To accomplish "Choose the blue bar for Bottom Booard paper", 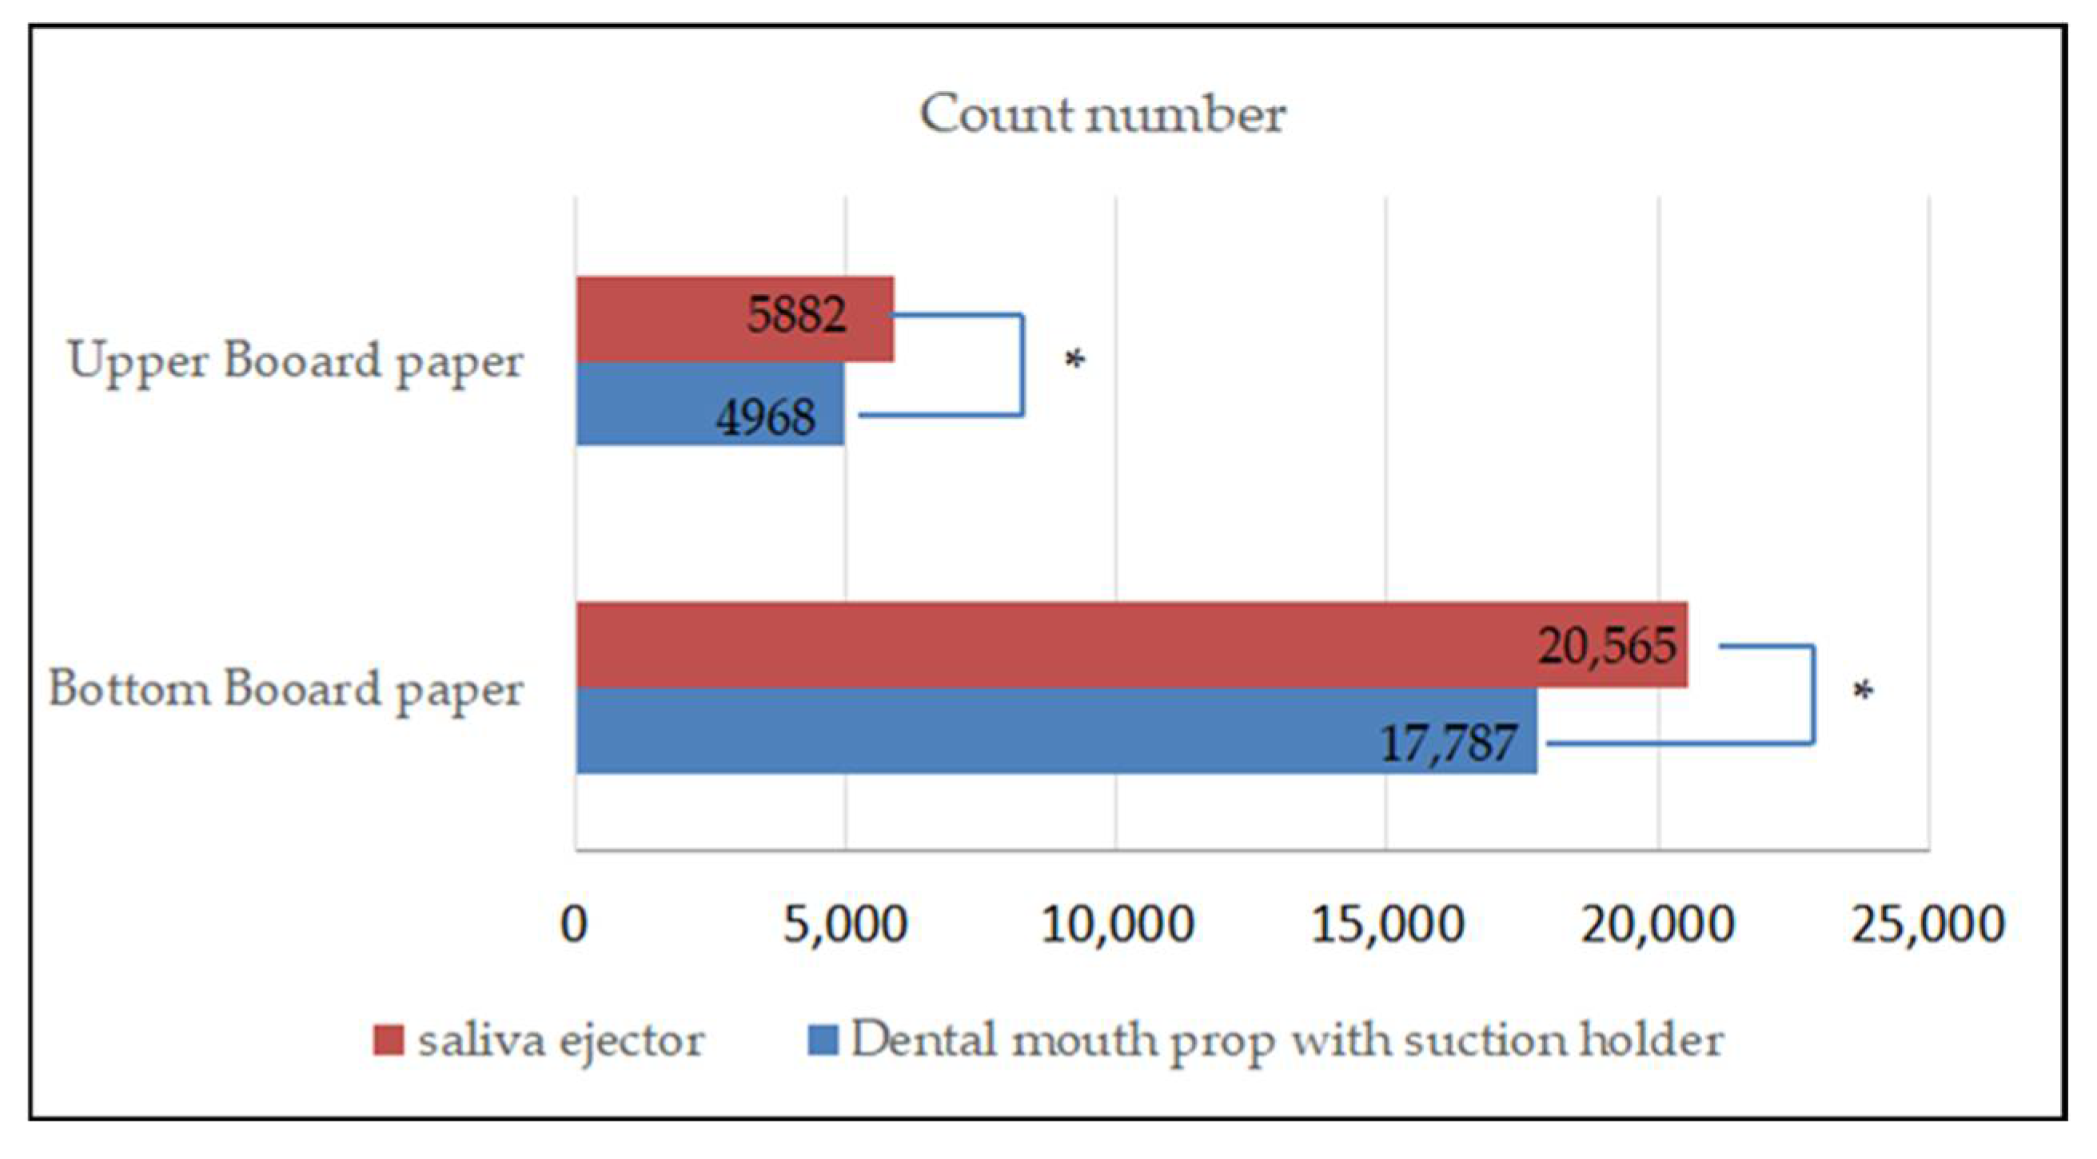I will (977, 731).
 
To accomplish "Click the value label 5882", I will (796, 314).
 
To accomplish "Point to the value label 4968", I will (765, 417).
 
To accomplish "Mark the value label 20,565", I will (1607, 646).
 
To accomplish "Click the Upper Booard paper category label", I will (295, 361).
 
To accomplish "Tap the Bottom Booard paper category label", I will (285, 690).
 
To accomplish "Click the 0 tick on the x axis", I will (574, 925).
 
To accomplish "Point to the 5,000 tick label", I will (845, 925).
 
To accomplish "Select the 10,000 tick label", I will (1117, 925).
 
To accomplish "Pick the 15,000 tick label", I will (1387, 925).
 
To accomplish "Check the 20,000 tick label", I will (1657, 925).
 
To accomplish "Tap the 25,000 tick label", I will (1928, 925).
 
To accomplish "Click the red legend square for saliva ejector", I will (389, 1041).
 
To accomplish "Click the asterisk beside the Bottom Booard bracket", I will (1864, 692).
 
